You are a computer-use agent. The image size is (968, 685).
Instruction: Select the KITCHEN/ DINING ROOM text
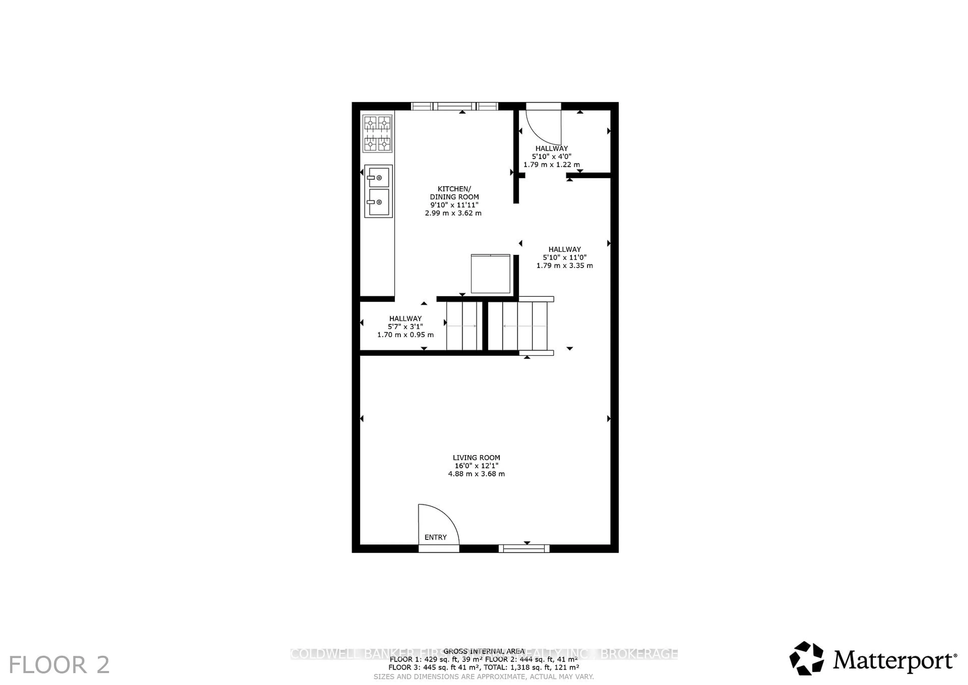pos(454,193)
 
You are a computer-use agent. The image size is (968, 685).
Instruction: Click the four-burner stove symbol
pos(377,134)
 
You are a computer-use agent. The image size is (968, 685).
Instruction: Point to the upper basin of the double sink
pos(378,177)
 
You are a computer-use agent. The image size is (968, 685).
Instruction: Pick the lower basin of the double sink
pos(378,202)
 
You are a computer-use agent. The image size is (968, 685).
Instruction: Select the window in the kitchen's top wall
pos(455,106)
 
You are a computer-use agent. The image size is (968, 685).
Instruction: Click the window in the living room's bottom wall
pos(524,548)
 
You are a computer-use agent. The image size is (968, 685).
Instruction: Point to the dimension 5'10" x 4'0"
pos(552,156)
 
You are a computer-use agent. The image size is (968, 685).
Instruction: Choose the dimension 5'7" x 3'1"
pos(405,326)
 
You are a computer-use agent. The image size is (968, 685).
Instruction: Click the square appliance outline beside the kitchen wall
pos(490,274)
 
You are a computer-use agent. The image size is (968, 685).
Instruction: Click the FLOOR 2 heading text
pos(59,665)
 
